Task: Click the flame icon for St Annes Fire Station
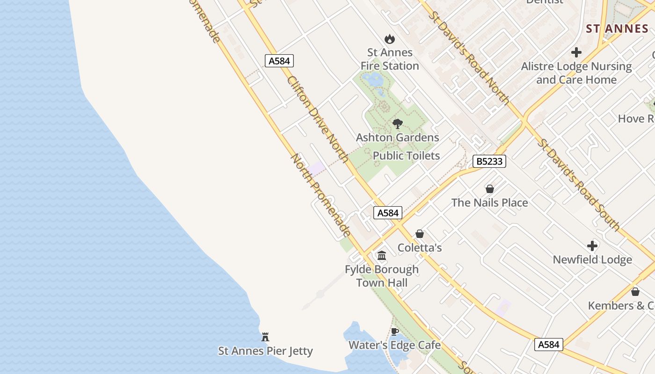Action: click(x=389, y=39)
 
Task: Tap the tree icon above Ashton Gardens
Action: click(x=398, y=124)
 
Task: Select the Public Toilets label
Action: click(x=406, y=156)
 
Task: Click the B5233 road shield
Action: click(x=489, y=162)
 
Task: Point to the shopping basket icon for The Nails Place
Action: click(x=490, y=189)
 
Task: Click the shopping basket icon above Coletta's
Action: click(x=420, y=234)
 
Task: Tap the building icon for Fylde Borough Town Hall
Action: click(x=382, y=256)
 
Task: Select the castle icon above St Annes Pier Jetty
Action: click(x=265, y=337)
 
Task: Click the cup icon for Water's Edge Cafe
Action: click(x=395, y=331)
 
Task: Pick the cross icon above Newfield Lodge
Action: click(x=592, y=246)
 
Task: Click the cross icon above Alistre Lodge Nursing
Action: click(x=576, y=52)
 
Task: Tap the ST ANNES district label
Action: click(x=617, y=29)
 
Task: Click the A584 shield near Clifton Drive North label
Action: click(x=279, y=61)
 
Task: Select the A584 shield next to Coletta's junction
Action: click(x=388, y=213)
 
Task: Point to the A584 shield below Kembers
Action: click(x=548, y=345)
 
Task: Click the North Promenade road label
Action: click(x=321, y=194)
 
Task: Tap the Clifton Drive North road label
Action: click(x=318, y=120)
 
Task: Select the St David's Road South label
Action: click(x=578, y=185)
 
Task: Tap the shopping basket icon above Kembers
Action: click(x=635, y=292)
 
